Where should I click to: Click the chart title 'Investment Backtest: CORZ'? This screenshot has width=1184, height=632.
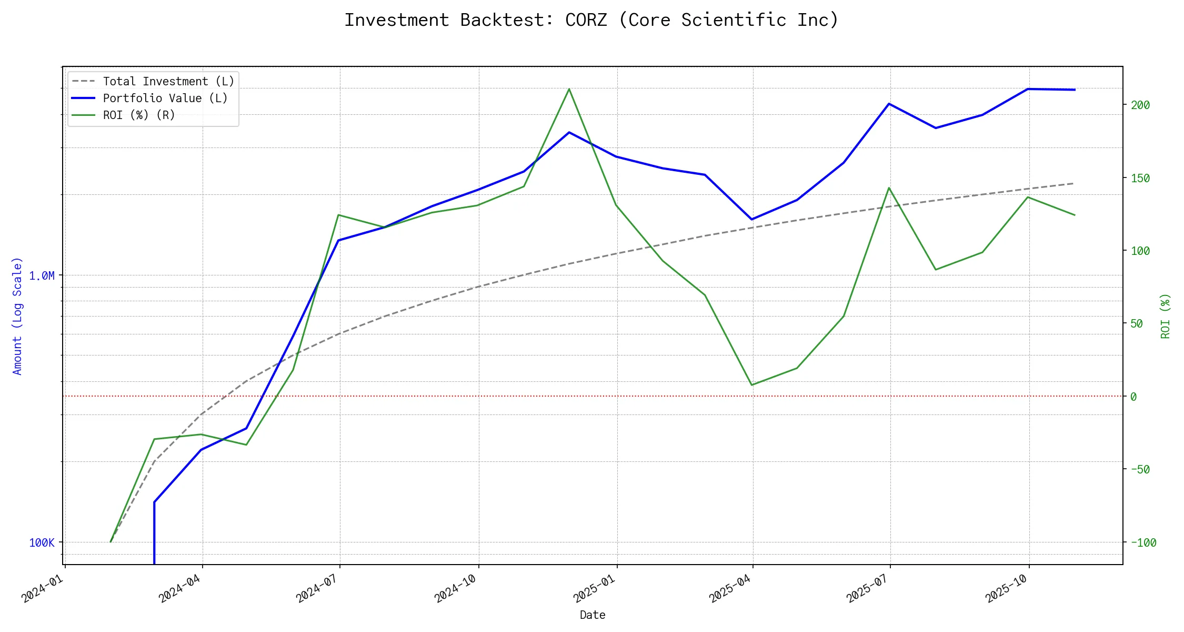coord(591,20)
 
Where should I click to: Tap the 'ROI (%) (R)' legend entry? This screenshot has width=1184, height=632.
coord(139,115)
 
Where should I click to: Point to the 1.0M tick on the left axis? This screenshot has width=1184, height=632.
coord(42,275)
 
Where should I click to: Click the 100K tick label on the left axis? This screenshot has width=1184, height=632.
coord(42,542)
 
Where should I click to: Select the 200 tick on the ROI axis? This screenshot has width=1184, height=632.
coord(1140,105)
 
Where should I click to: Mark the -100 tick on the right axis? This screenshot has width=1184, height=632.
coord(1143,542)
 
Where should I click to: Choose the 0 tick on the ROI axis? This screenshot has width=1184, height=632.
coord(1133,397)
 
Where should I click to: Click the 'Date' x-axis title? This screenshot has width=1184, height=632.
coord(593,615)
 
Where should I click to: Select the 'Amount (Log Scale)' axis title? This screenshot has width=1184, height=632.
coord(17,316)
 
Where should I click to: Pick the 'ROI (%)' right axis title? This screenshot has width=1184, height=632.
coord(1166,316)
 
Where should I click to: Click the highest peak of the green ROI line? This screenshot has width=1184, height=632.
coord(569,89)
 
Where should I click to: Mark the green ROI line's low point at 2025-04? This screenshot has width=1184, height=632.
coord(752,385)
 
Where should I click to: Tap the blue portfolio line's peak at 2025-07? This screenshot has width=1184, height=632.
coord(889,104)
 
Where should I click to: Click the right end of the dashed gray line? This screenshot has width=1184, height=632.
coord(1074,183)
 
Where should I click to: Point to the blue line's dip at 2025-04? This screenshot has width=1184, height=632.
coord(752,219)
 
